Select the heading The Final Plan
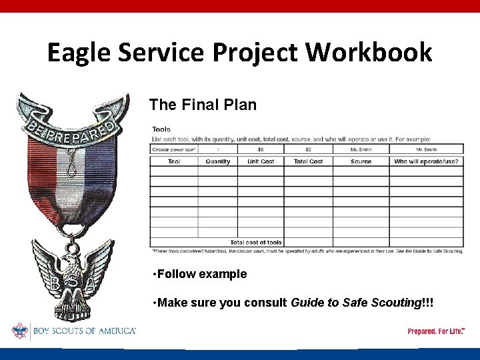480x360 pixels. [x=203, y=105]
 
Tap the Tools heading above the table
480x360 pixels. [x=161, y=129]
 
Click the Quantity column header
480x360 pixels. [x=218, y=162]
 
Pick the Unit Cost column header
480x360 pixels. [x=261, y=162]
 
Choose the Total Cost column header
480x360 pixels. [x=308, y=162]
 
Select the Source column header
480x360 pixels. [x=361, y=162]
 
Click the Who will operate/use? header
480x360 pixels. [x=426, y=162]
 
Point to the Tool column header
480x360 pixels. [x=174, y=162]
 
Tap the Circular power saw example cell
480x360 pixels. [x=173, y=149]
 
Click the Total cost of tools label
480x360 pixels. [x=256, y=243]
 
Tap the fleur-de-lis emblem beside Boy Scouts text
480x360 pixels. [x=20, y=331]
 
